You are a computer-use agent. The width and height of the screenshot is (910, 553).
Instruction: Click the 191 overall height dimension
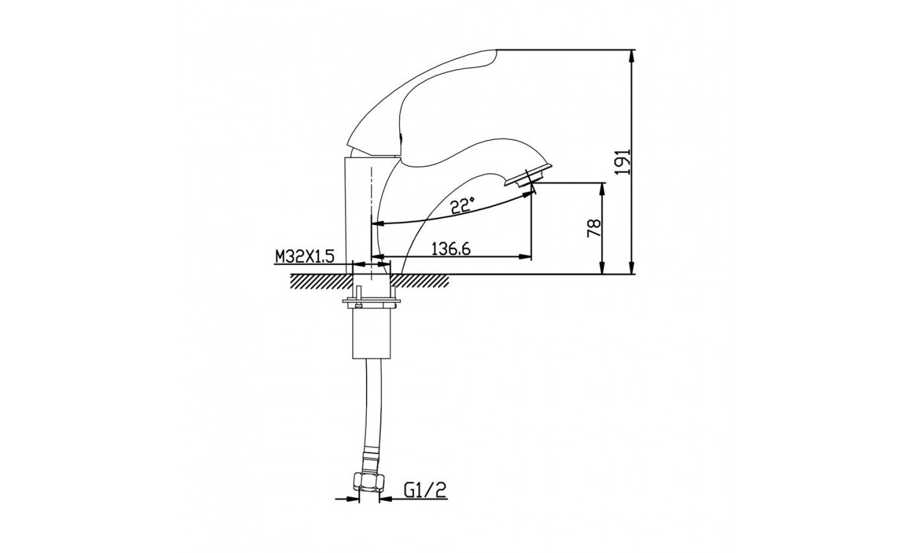[x=623, y=162]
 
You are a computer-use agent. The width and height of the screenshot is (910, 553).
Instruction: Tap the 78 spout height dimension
[x=593, y=228]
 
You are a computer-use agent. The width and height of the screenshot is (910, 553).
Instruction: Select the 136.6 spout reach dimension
[x=451, y=249]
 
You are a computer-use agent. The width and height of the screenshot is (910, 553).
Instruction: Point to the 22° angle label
[x=463, y=206]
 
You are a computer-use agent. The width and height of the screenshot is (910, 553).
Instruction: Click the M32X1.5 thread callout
[x=305, y=257]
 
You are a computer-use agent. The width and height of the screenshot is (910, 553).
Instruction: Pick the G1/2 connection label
[x=425, y=491]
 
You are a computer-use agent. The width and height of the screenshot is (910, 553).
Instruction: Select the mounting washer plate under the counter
[x=371, y=302]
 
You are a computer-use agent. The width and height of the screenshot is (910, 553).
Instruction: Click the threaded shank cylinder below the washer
[x=371, y=332]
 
